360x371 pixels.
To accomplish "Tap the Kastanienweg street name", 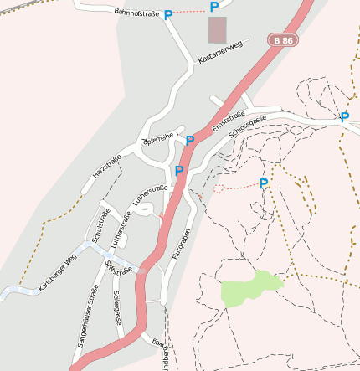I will point(219,52).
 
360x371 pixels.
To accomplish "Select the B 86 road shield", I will point(283,39).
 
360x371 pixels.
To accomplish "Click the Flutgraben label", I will point(182,244).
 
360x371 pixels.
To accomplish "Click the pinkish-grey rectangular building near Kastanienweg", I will point(216,30).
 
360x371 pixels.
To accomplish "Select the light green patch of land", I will point(249,288).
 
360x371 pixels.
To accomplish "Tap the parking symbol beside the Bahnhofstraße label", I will point(168,14).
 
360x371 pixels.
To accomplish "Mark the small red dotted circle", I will point(219,188).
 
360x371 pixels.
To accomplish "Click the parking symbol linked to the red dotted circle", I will point(264,183).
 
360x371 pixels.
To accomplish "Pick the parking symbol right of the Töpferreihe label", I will point(190,140).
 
